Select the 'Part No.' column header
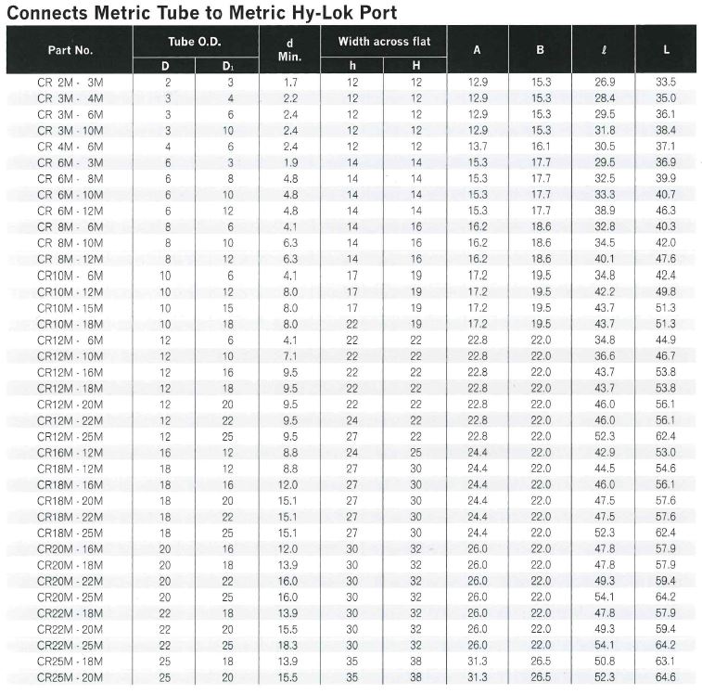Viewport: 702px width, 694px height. coord(70,50)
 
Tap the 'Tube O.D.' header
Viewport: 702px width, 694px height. coord(195,42)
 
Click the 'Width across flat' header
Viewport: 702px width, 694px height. coord(384,42)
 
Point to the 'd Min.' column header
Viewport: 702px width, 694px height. coord(289,50)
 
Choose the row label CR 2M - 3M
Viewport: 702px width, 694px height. coord(70,83)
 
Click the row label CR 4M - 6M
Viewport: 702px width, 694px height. coord(70,147)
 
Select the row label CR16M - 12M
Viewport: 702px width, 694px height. coord(70,452)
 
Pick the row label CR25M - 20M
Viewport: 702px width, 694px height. coord(70,677)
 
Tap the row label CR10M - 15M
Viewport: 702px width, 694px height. coord(70,307)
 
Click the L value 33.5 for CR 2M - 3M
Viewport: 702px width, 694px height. coord(666,83)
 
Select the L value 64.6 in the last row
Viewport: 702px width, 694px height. coord(666,677)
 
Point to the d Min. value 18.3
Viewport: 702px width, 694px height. coord(289,645)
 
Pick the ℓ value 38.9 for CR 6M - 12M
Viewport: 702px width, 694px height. coord(605,211)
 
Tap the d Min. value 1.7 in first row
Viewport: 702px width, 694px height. coord(289,83)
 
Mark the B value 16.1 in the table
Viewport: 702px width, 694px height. coord(541,147)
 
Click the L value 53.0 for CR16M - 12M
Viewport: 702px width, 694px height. coord(666,452)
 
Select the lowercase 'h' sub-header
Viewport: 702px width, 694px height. coord(351,66)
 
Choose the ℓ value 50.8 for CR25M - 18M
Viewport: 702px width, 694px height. coord(605,661)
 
